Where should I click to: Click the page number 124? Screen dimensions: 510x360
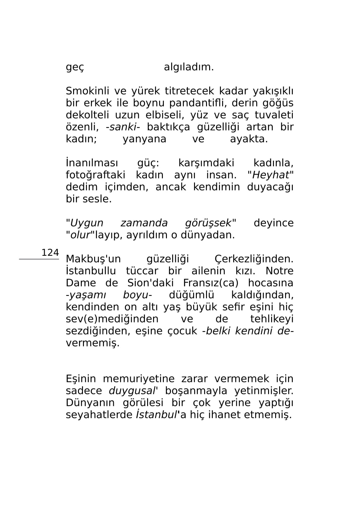coord(50,253)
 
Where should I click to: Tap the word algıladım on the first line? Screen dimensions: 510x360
coord(188,67)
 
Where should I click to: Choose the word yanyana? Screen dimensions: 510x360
coord(144,139)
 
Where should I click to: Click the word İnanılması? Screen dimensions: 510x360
coord(92,163)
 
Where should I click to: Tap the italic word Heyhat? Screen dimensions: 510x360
coord(271,175)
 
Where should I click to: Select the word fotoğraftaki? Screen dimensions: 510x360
coord(95,175)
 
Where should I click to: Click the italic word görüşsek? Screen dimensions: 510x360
coord(208,223)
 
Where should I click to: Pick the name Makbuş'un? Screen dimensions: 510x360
coord(93,259)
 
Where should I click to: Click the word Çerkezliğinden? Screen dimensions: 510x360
coord(254,259)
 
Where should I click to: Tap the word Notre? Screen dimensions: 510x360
coord(279,271)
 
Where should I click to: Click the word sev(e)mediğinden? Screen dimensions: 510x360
coord(112,319)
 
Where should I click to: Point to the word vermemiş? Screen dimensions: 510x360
coord(93,343)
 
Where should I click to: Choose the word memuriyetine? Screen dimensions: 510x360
coord(139,379)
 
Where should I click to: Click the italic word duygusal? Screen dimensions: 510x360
coord(132,391)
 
